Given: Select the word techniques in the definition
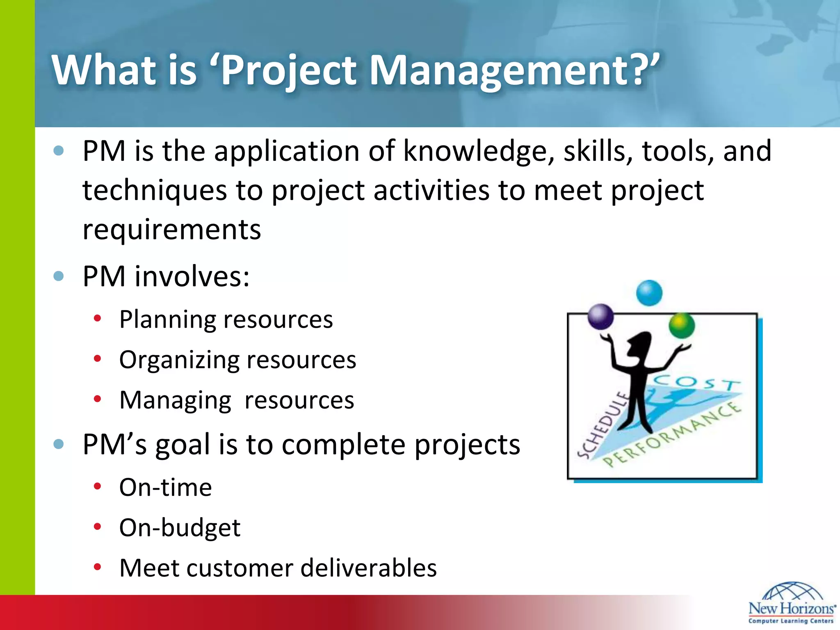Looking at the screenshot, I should [x=155, y=191].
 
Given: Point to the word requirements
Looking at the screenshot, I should [x=171, y=230].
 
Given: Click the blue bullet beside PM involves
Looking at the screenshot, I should [x=59, y=276].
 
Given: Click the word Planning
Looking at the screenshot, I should [x=167, y=320].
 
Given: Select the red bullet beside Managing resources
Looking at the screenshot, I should [x=97, y=399].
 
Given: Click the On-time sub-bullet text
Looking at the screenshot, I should [x=165, y=487].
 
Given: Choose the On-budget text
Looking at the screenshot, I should [x=180, y=527].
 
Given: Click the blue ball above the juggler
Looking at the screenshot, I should [x=649, y=293].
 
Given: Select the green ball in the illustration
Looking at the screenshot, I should [x=681, y=326].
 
